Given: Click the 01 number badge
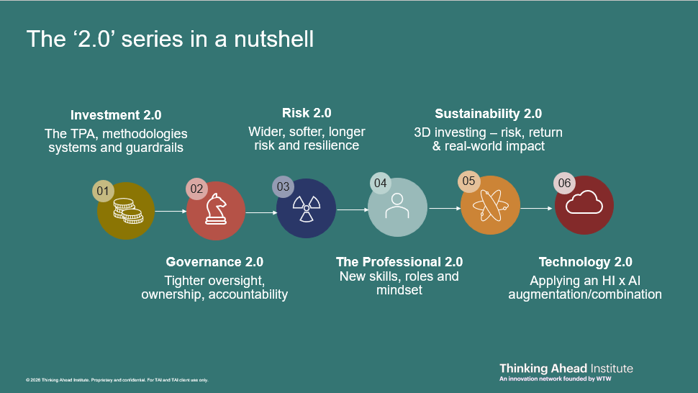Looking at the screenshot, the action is click(103, 191).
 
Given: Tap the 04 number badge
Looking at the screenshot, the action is click(380, 183).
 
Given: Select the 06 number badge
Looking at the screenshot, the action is click(564, 183).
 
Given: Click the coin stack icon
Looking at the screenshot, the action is click(128, 211).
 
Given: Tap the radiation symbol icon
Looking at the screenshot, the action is click(307, 208).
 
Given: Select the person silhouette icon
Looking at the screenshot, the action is click(397, 206).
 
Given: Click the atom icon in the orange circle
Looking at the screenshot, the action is click(490, 205).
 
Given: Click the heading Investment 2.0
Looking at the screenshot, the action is click(116, 115).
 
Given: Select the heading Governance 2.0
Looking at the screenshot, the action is click(214, 262).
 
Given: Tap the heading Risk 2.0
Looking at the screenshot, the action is click(307, 113).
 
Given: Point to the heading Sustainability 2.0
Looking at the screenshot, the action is click(489, 114).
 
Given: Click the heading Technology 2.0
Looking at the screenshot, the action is click(585, 262).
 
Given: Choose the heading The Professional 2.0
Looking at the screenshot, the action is click(399, 262).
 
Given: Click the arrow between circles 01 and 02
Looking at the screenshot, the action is click(171, 211).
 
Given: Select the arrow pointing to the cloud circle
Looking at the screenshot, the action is click(536, 208).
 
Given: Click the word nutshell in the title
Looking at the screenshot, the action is click(273, 39).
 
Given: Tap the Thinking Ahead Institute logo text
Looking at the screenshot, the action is click(566, 368).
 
